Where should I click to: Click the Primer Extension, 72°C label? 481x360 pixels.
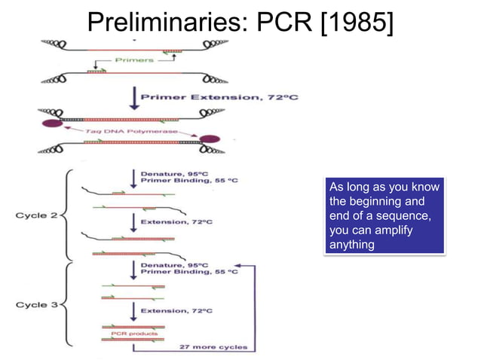coord(201,97)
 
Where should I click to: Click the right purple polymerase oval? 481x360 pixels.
coord(210,139)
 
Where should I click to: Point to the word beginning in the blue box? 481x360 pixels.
coord(379,202)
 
